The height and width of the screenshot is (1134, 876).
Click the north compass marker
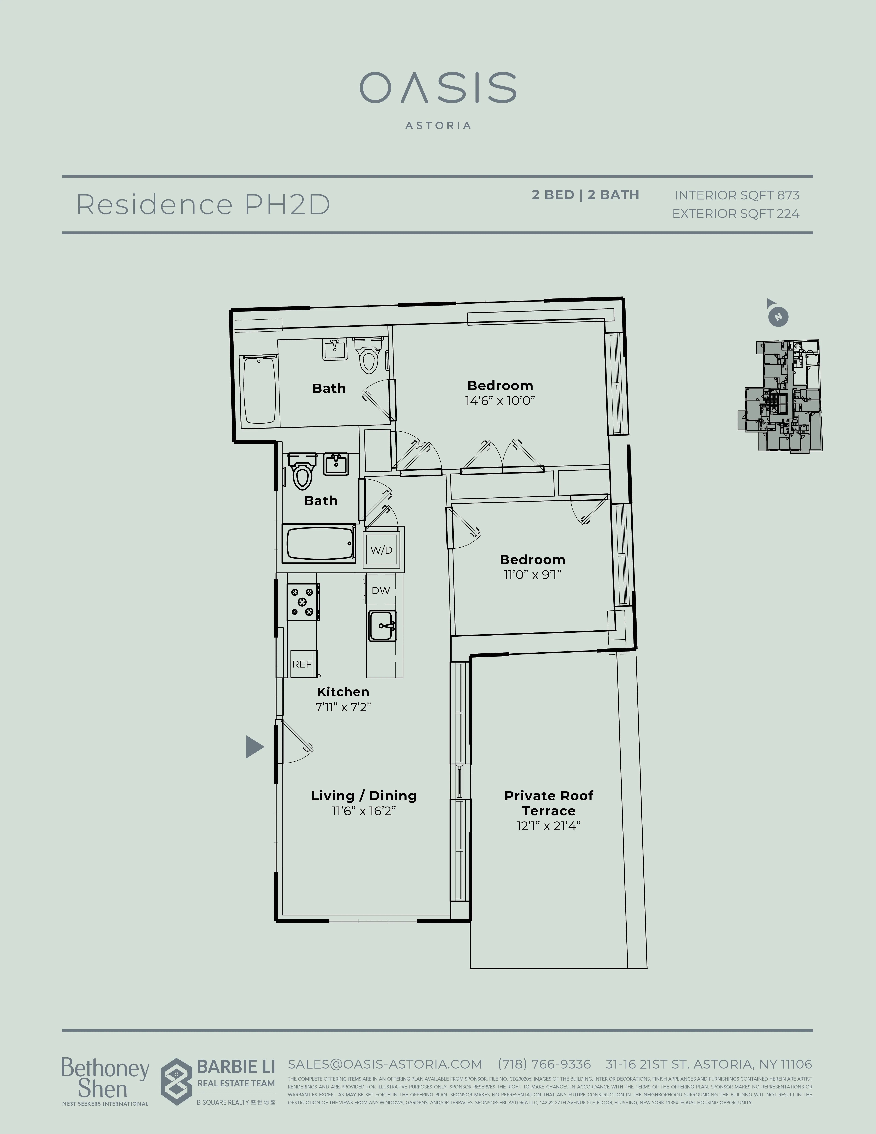(777, 316)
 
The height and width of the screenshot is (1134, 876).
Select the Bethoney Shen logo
(105, 1079)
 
